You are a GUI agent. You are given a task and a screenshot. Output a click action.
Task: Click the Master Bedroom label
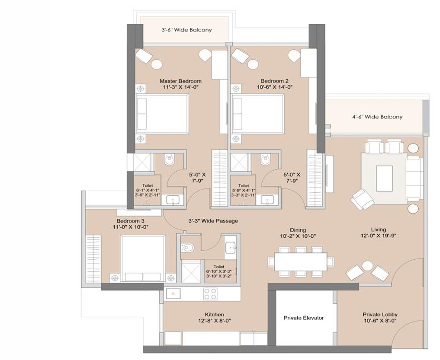tap(180, 81)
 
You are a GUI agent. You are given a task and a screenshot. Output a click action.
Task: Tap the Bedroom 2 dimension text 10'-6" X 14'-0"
tap(275, 87)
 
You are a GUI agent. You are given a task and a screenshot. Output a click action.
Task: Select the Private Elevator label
tap(304, 318)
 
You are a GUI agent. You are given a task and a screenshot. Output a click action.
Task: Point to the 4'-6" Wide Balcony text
tap(377, 117)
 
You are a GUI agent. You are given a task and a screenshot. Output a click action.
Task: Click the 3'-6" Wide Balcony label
tap(186, 30)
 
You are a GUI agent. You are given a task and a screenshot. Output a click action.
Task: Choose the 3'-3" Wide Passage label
tap(213, 221)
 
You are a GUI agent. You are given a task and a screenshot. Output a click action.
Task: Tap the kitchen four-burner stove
tap(210, 294)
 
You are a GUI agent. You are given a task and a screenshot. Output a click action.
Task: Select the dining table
tap(301, 261)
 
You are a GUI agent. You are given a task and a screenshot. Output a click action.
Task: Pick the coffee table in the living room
tap(384, 178)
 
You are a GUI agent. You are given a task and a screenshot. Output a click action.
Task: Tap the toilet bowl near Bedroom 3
tap(187, 248)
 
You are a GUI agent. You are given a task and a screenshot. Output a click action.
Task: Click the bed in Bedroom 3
tap(143, 258)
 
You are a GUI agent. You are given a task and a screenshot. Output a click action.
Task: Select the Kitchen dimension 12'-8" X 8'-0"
tap(215, 321)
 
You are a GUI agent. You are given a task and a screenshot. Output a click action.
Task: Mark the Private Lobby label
tap(380, 315)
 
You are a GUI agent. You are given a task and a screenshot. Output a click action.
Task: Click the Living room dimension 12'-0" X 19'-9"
tap(378, 236)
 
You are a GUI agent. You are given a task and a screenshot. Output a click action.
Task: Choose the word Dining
tap(298, 230)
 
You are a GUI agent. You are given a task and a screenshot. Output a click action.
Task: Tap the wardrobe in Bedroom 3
tap(93, 259)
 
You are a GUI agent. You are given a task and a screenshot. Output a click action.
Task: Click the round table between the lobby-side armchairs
tap(367, 265)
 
